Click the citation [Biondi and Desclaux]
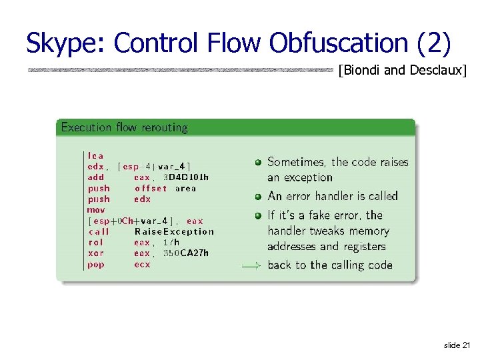402,70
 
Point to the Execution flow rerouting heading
125,127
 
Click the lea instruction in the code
96,156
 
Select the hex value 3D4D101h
186,177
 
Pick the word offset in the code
151,188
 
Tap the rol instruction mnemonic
96,243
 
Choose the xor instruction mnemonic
96,253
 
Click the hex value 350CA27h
186,253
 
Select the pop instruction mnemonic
96,265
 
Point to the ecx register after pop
142,265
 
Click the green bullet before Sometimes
258,162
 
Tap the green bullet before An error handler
258,196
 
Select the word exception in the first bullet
309,178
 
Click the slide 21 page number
457,345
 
